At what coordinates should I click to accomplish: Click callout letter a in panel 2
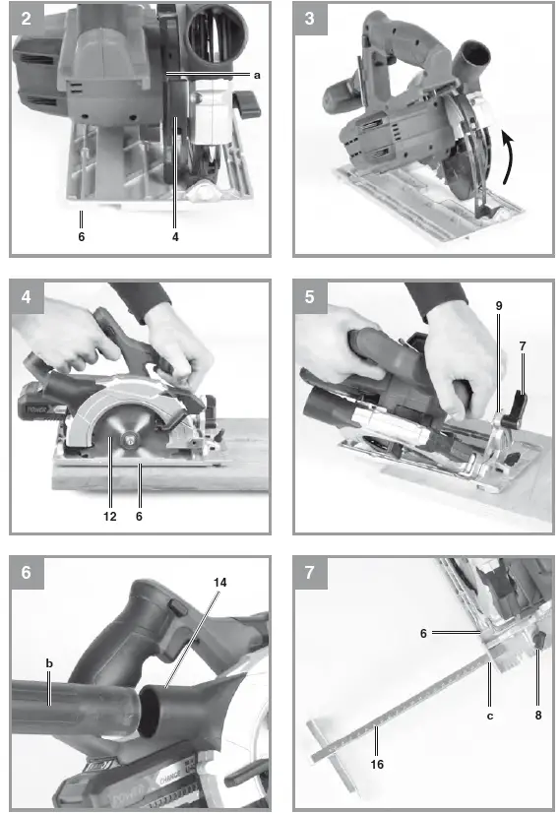point(257,75)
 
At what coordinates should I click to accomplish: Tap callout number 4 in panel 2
point(175,236)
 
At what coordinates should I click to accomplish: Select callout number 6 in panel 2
point(82,236)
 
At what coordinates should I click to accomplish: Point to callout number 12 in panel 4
point(109,516)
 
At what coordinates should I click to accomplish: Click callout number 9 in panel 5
point(499,306)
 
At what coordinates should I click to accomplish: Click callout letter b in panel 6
point(48,664)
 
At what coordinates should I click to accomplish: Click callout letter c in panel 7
point(490,716)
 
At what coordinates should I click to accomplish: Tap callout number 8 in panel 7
point(538,716)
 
